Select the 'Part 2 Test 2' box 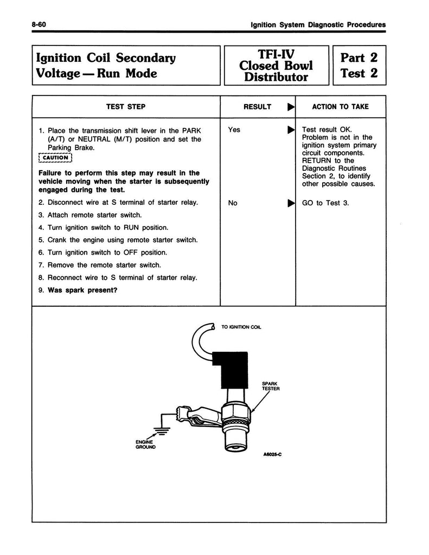pyautogui.click(x=358, y=64)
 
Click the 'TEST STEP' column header pyautogui.click(x=125, y=107)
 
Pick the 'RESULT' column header pyautogui.click(x=257, y=107)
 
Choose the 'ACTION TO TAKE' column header pyautogui.click(x=340, y=107)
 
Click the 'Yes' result pyautogui.click(x=234, y=130)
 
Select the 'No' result pyautogui.click(x=233, y=203)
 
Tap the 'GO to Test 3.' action pyautogui.click(x=325, y=203)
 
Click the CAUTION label pyautogui.click(x=56, y=159)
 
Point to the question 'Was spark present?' pyautogui.click(x=83, y=289)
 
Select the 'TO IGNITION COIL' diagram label pyautogui.click(x=241, y=327)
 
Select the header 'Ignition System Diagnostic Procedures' pyautogui.click(x=315, y=24)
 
